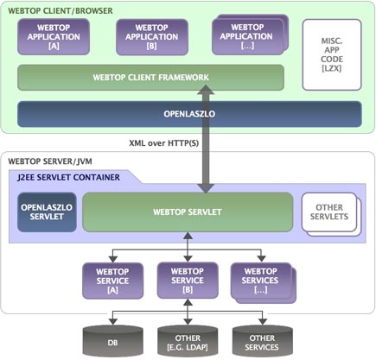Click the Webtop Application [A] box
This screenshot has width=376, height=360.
(x=54, y=37)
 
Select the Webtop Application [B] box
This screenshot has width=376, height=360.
(x=152, y=37)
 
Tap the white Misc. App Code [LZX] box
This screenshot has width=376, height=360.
(x=332, y=54)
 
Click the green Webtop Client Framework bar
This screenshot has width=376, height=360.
(x=150, y=78)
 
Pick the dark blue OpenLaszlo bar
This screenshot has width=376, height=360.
(x=189, y=114)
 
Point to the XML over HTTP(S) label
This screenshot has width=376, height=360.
(x=163, y=143)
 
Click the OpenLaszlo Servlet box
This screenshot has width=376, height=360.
(x=47, y=212)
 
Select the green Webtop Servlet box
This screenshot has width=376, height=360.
(x=188, y=212)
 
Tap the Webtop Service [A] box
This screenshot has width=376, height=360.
(x=112, y=281)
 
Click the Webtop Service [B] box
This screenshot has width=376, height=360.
(x=188, y=281)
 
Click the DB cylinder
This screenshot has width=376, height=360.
(x=112, y=341)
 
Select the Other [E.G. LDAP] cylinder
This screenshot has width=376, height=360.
(x=188, y=341)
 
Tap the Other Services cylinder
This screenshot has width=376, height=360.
(x=262, y=341)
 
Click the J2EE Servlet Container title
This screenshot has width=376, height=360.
(x=68, y=177)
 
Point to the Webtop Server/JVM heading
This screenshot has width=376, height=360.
(x=50, y=161)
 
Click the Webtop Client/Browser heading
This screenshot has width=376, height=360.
(x=61, y=11)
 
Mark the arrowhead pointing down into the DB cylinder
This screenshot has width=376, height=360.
(x=112, y=321)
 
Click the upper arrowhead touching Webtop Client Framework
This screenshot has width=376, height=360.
(x=206, y=89)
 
